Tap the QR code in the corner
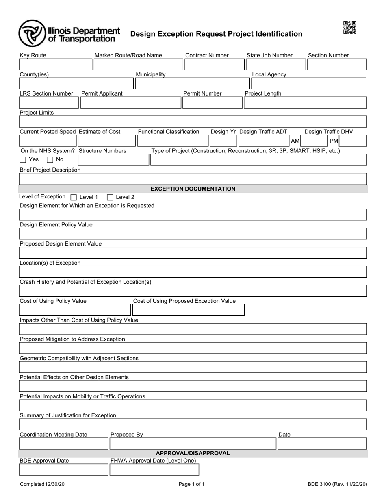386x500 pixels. point(349,28)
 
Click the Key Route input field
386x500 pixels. point(56,65)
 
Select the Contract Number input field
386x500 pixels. point(214,65)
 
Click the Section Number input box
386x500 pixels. point(337,65)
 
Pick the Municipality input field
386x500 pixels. point(192,84)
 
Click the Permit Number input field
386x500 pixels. point(212,103)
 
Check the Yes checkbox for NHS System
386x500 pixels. point(23,160)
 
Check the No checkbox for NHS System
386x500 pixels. point(50,160)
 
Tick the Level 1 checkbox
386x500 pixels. point(74,198)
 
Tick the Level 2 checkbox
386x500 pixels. point(110,198)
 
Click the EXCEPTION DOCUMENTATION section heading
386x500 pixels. point(193,189)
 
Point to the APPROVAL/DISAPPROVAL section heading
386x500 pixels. point(193,453)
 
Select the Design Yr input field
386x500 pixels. point(223,141)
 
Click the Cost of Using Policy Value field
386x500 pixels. point(75,310)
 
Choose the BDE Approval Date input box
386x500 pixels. point(63,470)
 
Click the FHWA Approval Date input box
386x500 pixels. point(154,470)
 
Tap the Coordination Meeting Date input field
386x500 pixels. point(63,443)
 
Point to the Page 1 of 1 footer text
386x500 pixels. point(191,484)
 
